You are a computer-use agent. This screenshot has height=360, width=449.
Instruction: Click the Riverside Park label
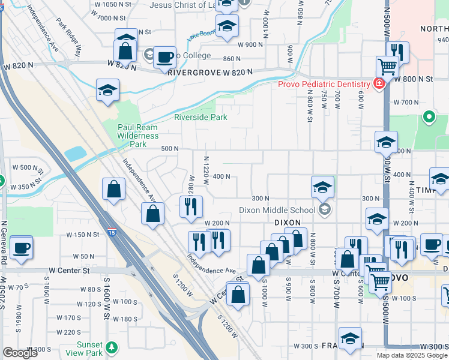pos(200,118)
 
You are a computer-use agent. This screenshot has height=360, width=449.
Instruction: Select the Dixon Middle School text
pos(277,210)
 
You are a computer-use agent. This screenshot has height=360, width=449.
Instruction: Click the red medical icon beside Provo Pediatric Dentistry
pos(379,83)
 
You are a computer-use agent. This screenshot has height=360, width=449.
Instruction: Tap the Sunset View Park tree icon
pos(111,347)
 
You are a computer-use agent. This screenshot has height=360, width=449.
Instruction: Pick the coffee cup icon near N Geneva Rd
pos(22,247)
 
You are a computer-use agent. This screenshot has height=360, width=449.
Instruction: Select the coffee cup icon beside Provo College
pos(164,58)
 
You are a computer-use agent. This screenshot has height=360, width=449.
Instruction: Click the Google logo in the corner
pos(19,353)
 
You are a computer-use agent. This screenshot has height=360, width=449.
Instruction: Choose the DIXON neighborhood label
pos(287,222)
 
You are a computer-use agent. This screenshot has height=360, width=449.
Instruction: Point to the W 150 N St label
pos(82,235)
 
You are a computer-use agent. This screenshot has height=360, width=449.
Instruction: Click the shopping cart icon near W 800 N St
pos(387,67)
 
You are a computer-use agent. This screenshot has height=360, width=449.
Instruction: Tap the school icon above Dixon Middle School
pos(322,188)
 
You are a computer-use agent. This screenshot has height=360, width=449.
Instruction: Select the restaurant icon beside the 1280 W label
pos(191,206)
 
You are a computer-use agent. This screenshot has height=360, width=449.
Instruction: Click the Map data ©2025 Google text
pos(397,355)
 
